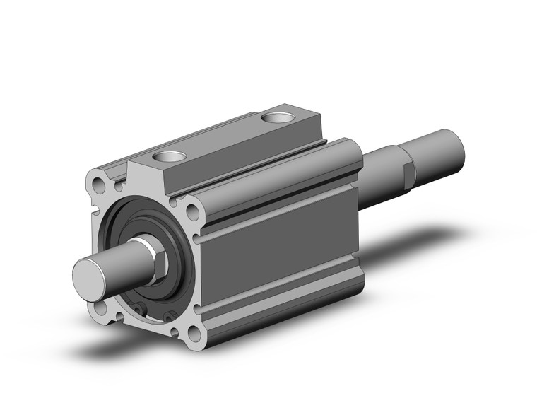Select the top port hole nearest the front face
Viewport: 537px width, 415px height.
tap(170, 156)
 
